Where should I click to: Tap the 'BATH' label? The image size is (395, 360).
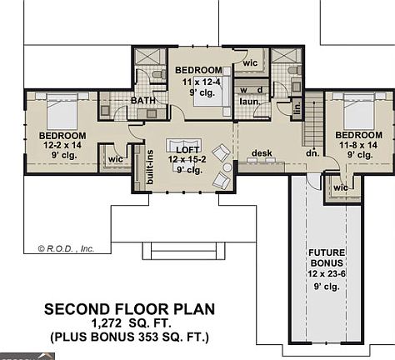[x=143, y=102]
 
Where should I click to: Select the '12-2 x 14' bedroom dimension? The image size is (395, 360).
[x=63, y=145]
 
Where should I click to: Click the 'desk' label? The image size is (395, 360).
[x=262, y=153]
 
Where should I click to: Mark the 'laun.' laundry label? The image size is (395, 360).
[x=248, y=102]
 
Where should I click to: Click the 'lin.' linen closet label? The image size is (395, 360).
[x=297, y=108]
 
